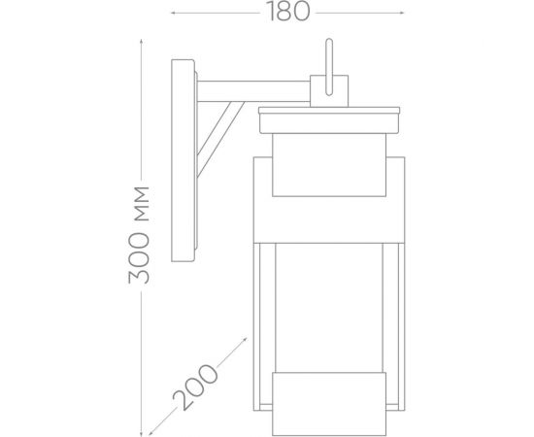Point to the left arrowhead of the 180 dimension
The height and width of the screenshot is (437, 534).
pos(172,14)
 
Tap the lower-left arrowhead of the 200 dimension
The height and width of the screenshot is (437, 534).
pos(149,429)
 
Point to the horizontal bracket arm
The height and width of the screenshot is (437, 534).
pos(252,89)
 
